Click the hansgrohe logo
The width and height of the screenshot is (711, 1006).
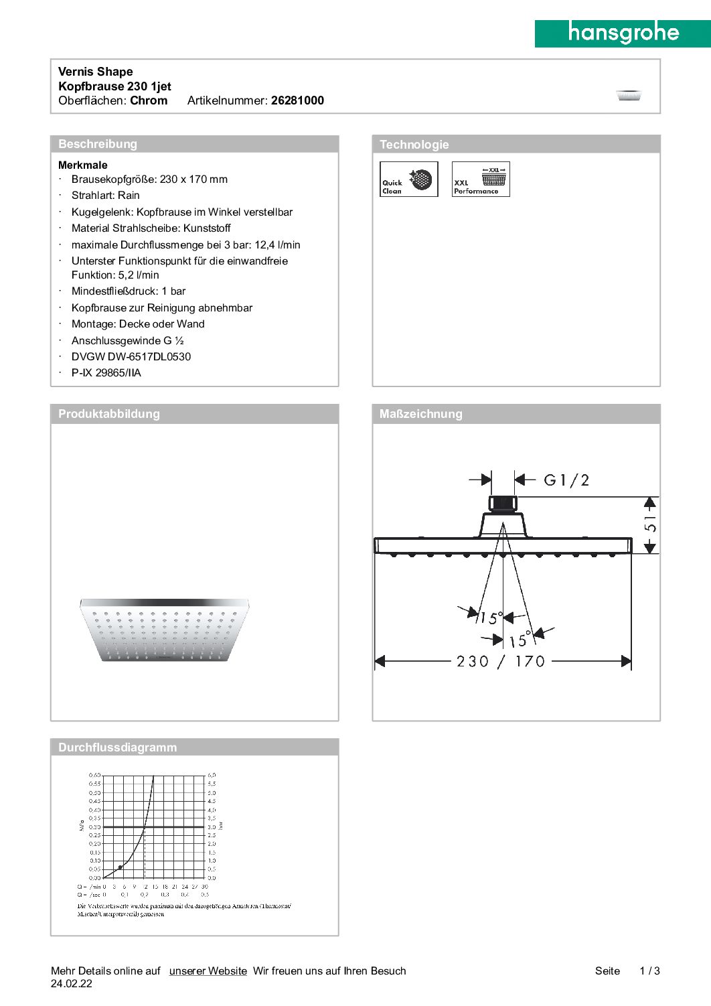pyautogui.click(x=623, y=33)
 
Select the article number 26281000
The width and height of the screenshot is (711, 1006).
pyautogui.click(x=297, y=100)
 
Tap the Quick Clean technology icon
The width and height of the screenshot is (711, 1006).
pyautogui.click(x=408, y=179)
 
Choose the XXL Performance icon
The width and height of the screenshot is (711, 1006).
pyautogui.click(x=481, y=179)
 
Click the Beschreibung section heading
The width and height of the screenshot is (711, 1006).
pyautogui.click(x=98, y=144)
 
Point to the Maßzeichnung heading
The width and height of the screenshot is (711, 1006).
pyautogui.click(x=420, y=414)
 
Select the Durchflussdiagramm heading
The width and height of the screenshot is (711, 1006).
pyautogui.click(x=117, y=747)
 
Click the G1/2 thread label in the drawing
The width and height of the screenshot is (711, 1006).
pyautogui.click(x=566, y=480)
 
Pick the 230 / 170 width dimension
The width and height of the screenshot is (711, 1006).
pyautogui.click(x=501, y=662)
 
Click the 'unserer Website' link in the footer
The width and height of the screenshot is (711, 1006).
pyautogui.click(x=208, y=971)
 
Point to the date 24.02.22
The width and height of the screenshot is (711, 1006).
pyautogui.click(x=72, y=983)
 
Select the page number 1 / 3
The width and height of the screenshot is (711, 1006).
pyautogui.click(x=649, y=971)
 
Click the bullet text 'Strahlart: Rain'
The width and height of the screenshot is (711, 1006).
pyautogui.click(x=106, y=196)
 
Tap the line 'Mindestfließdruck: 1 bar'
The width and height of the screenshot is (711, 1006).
pyautogui.click(x=129, y=291)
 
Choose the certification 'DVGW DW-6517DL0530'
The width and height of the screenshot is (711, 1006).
pyautogui.click(x=131, y=357)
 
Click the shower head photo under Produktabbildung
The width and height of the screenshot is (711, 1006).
pyautogui.click(x=164, y=630)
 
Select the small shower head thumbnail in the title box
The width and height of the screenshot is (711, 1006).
pyautogui.click(x=629, y=95)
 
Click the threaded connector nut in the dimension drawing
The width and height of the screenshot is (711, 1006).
pyautogui.click(x=502, y=504)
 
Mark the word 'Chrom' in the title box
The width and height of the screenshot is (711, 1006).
pyautogui.click(x=149, y=100)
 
